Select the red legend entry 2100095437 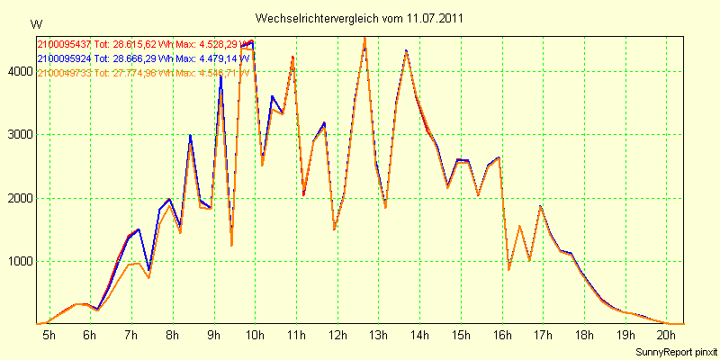pos(64,44)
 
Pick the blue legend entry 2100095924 pos(64,58)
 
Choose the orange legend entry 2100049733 pos(64,73)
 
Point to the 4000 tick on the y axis pos(18,71)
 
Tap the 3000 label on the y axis pos(18,135)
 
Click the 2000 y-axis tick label pos(18,199)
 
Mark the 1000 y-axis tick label pos(18,262)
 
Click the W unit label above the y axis pos(36,24)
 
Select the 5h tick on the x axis pos(49,335)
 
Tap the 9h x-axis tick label pos(213,335)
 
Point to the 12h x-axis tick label pos(337,335)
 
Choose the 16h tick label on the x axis pos(502,335)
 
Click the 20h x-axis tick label pos(667,335)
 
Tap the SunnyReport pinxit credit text pos(675,351)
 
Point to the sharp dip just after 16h pos(508,269)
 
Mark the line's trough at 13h pos(385,207)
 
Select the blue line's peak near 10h pos(252,40)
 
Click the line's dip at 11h pos(303,194)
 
